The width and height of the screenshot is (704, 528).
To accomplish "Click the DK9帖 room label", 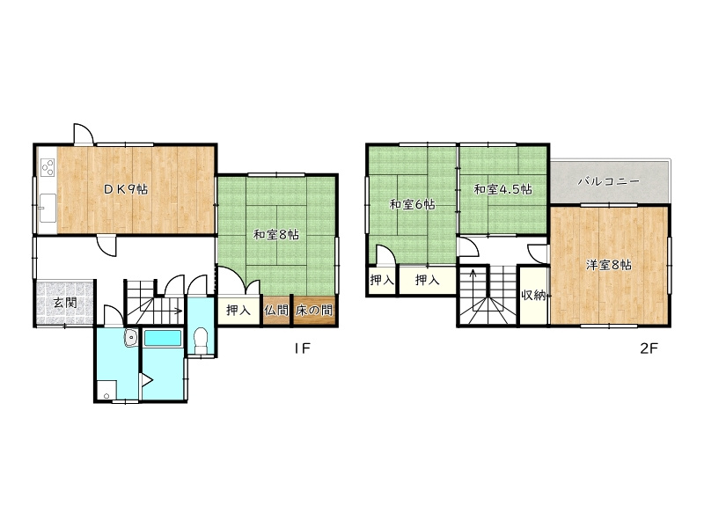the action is (125, 189).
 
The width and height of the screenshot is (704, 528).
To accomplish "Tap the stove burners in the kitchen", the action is (48, 167).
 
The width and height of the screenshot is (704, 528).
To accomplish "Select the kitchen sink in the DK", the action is (48, 208).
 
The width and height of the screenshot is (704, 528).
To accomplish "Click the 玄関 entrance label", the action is (65, 302).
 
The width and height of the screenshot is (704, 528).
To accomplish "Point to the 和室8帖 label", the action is (275, 234).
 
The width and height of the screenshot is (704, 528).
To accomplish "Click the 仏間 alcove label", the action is (275, 310).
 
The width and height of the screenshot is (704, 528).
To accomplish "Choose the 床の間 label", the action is (314, 310).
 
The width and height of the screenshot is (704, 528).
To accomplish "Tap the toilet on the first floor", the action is (202, 341).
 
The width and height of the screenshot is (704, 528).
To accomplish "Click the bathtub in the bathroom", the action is (163, 338).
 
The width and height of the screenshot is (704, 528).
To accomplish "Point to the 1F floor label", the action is (303, 348).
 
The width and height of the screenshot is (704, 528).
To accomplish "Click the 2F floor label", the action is (649, 348).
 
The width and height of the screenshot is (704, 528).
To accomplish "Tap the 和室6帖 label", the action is (412, 205).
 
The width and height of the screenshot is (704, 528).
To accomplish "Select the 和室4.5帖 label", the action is (502, 189).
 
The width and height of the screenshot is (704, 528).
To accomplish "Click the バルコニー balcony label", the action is (608, 181).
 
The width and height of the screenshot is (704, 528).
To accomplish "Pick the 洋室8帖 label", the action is (608, 265).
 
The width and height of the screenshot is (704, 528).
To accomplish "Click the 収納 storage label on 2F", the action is (533, 295).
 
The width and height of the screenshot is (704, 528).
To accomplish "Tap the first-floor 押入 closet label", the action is (238, 310).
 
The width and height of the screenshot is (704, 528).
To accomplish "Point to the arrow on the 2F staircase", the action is (473, 292).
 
